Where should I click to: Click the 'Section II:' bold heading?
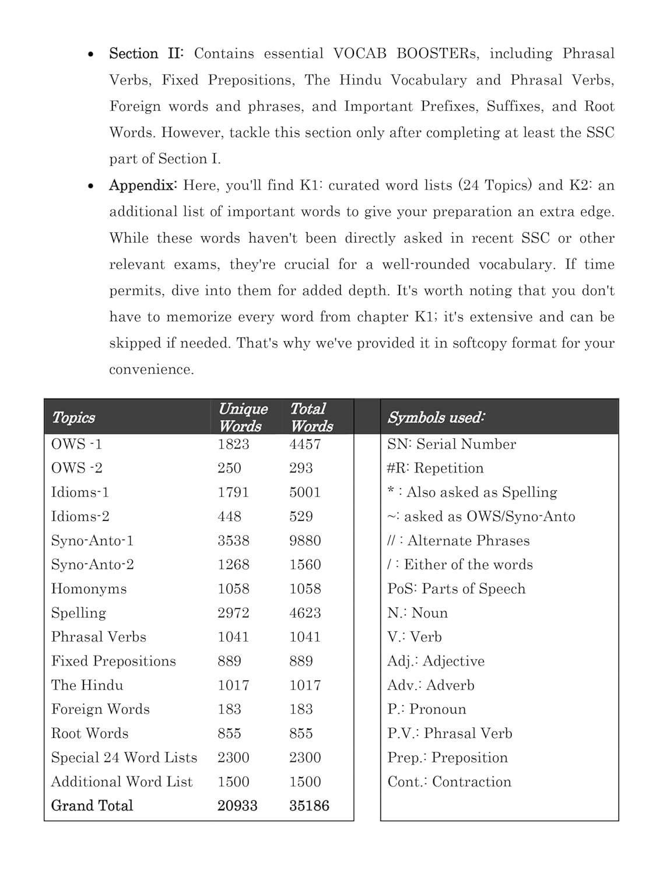pyautogui.click(x=146, y=54)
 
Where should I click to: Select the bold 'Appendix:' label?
pyautogui.click(x=142, y=185)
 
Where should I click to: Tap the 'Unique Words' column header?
pyautogui.click(x=243, y=417)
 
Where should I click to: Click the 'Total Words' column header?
pyautogui.click(x=311, y=417)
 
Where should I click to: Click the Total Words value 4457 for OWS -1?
pyautogui.click(x=305, y=444)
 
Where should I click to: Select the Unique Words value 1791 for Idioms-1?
pyautogui.click(x=233, y=492)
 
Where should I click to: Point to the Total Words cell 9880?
pyautogui.click(x=305, y=541)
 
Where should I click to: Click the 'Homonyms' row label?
pyautogui.click(x=89, y=589)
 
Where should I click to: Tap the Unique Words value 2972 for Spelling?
pyautogui.click(x=233, y=613)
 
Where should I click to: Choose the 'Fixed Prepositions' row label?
pyautogui.click(x=113, y=661)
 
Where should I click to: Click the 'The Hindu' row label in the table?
pyautogui.click(x=87, y=685)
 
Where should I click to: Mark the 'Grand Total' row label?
pyautogui.click(x=92, y=806)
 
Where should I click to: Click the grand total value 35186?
pyautogui.click(x=309, y=806)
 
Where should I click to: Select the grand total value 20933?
pyautogui.click(x=237, y=806)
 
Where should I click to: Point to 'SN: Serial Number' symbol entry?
pyautogui.click(x=451, y=444)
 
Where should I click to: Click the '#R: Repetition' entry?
pyautogui.click(x=435, y=468)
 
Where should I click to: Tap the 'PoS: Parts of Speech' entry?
pyautogui.click(x=456, y=589)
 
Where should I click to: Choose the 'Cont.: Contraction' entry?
pyautogui.click(x=449, y=782)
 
